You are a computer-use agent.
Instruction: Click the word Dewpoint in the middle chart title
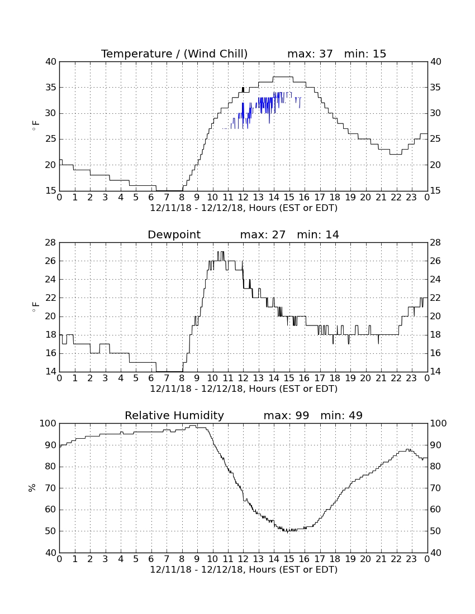174,234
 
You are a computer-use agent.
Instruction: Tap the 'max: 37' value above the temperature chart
310,54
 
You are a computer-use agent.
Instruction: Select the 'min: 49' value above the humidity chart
341,415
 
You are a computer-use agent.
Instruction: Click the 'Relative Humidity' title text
174,416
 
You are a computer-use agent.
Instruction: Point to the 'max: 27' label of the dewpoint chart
263,234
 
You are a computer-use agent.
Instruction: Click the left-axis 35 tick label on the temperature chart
50,87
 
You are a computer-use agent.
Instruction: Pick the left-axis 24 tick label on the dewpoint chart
50,279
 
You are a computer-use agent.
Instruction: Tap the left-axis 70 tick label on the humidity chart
50,488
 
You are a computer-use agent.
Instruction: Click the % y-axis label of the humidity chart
32,488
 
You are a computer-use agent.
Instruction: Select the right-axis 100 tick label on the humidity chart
439,423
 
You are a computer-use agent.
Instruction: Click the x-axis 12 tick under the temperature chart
243,197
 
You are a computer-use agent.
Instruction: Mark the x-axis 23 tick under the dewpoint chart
411,378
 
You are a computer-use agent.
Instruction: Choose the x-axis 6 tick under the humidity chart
151,559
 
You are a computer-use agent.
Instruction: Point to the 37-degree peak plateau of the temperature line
283,77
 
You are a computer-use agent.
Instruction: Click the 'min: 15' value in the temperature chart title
365,54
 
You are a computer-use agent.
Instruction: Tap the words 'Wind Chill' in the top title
216,54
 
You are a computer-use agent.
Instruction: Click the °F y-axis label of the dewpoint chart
35,307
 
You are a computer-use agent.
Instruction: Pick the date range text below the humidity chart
244,569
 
